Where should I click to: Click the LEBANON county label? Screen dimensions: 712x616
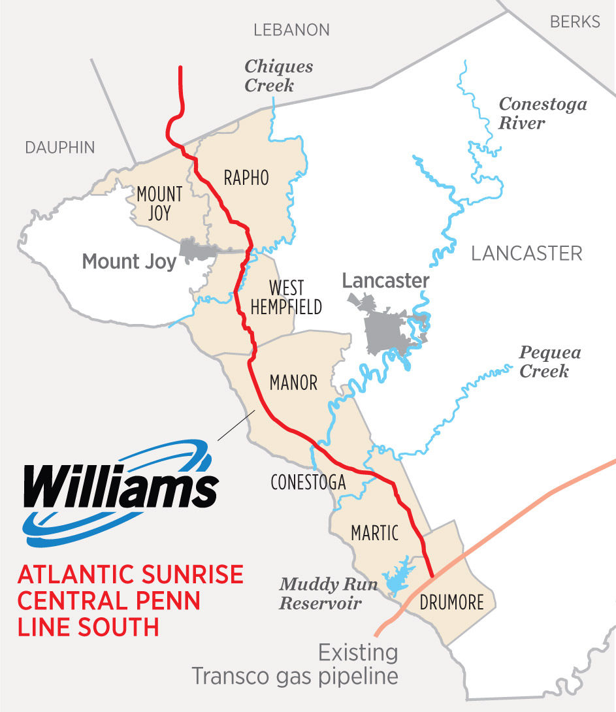[291, 30]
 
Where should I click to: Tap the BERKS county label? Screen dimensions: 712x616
[575, 22]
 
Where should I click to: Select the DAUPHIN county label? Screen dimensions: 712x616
[60, 148]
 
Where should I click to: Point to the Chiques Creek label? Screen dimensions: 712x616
[278, 76]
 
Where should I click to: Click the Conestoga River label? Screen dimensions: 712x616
[543, 114]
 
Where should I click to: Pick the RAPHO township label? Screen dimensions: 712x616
[246, 178]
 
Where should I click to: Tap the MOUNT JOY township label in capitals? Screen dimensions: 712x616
[159, 203]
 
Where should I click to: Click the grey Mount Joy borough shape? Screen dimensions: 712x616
[196, 250]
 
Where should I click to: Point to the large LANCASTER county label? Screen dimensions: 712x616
[527, 253]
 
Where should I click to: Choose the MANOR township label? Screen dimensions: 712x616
[294, 383]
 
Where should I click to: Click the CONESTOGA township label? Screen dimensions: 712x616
[308, 482]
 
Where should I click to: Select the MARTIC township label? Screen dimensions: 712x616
[374, 532]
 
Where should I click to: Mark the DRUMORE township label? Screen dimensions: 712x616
[452, 602]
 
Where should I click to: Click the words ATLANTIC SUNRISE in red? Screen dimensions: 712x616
[131, 575]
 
